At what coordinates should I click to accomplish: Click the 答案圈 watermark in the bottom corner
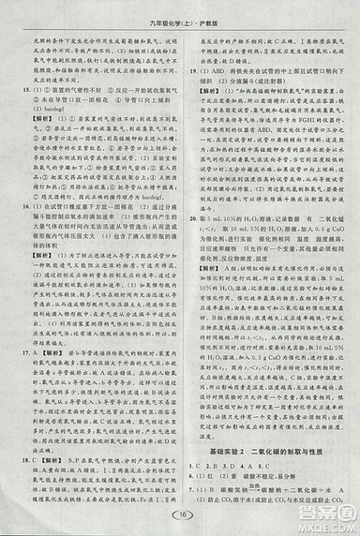click(x=328, y=515)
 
